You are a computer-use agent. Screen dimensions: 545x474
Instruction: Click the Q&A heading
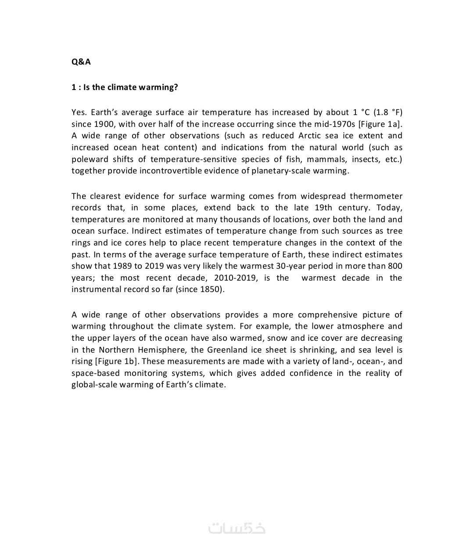81,61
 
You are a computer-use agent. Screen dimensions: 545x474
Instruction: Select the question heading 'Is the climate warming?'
125,87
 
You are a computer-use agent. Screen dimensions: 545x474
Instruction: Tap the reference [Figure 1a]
380,124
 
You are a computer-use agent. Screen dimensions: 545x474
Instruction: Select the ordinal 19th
323,207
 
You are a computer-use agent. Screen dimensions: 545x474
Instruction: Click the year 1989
122,266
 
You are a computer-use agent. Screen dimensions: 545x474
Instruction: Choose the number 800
395,266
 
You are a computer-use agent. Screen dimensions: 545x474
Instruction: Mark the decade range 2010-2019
236,278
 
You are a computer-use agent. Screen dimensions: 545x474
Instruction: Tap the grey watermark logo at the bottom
237,527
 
